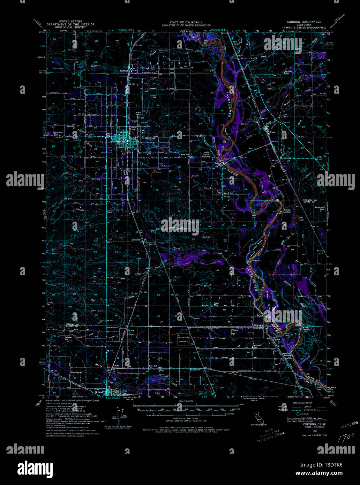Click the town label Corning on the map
pyautogui.click(x=121, y=141)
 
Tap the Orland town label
pyautogui.click(x=99, y=392)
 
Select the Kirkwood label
pyautogui.click(x=136, y=240)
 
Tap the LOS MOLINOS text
pyautogui.click(x=243, y=58)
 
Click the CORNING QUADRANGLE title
pyautogui.click(x=302, y=22)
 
